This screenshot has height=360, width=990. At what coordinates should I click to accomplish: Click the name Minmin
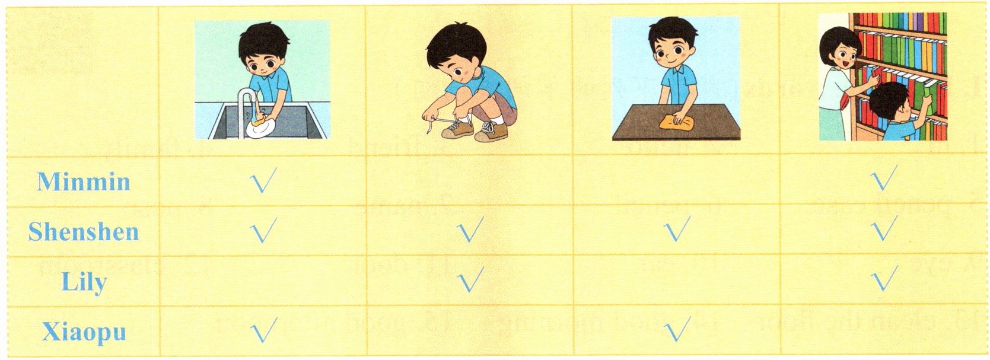tap(84, 181)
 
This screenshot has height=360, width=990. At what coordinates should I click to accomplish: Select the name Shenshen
tap(84, 231)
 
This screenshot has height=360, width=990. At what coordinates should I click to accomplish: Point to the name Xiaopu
tap(84, 332)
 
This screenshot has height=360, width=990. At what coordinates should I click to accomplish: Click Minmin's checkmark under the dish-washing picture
tap(263, 180)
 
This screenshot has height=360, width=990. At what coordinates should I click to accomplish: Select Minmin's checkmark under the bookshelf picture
tap(883, 178)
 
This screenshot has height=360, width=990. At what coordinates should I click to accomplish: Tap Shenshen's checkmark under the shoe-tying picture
tap(470, 230)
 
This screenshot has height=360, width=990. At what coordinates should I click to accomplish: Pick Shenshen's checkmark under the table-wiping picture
tap(676, 229)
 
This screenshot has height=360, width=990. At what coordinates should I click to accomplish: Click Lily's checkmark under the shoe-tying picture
tap(470, 279)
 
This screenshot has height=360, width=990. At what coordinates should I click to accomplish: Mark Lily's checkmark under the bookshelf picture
tap(884, 278)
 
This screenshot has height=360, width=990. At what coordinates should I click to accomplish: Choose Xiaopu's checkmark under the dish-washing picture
tap(263, 330)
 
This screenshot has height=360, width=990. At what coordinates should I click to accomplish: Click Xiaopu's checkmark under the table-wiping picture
tap(676, 329)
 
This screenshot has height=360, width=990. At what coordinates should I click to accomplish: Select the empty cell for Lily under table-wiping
tap(676, 281)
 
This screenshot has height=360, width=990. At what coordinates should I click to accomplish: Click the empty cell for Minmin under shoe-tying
tap(469, 180)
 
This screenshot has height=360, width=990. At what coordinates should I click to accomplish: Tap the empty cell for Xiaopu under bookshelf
tap(883, 330)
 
